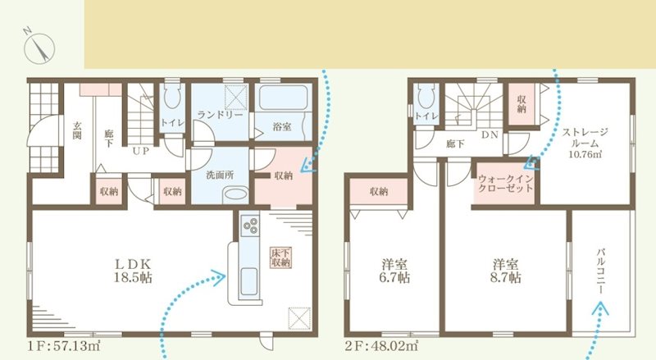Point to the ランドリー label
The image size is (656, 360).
220,116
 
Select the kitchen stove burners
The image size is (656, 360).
249,226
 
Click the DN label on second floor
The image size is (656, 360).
490,134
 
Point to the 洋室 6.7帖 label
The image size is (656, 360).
396,271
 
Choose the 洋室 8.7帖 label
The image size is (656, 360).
503,271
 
